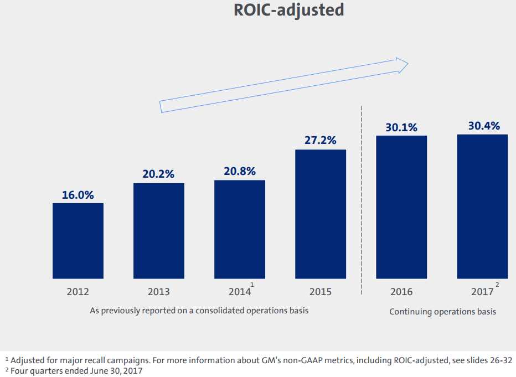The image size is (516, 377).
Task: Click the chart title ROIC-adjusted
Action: (288, 11)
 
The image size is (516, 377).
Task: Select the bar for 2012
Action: (78, 241)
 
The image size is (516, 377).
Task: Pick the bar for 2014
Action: (240, 229)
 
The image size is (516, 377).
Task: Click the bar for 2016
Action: (401, 207)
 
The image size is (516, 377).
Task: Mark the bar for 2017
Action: (482, 206)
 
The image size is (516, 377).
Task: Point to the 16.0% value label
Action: (78, 195)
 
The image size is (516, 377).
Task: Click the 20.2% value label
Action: (159, 174)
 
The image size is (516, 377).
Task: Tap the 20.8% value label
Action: (240, 172)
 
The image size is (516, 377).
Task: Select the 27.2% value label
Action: (321, 141)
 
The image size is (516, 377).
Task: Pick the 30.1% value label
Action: (401, 127)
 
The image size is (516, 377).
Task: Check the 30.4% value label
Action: (482, 126)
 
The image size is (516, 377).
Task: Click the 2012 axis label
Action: (78, 292)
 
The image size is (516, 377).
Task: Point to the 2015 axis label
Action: (321, 292)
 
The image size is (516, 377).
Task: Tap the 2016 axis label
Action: (401, 292)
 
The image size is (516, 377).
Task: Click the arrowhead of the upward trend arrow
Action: (403, 64)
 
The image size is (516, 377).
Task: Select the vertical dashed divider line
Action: (362, 199)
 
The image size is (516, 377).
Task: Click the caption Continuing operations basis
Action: (442, 312)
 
